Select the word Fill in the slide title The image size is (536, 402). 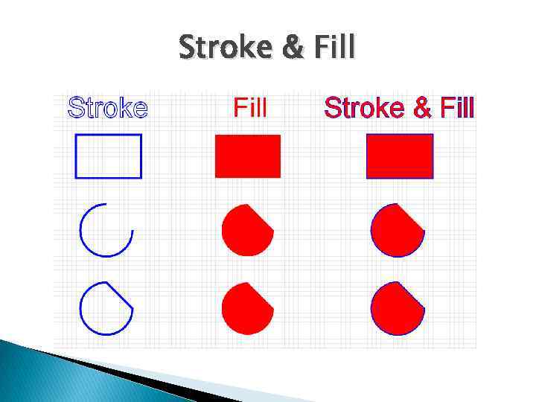pyautogui.click(x=334, y=48)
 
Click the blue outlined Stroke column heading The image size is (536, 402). pyautogui.click(x=108, y=108)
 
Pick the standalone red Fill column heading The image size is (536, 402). pyautogui.click(x=250, y=108)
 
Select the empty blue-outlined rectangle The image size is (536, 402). pyautogui.click(x=109, y=156)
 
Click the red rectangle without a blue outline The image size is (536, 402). pyautogui.click(x=248, y=156)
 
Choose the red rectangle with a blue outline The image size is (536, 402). pyautogui.click(x=400, y=156)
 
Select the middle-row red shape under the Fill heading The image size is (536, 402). pyautogui.click(x=246, y=231)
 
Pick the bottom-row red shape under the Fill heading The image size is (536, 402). pyautogui.click(x=246, y=309)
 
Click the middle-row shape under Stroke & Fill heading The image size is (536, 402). pyautogui.click(x=396, y=231)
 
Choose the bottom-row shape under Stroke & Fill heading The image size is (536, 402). pyautogui.click(x=396, y=309)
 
